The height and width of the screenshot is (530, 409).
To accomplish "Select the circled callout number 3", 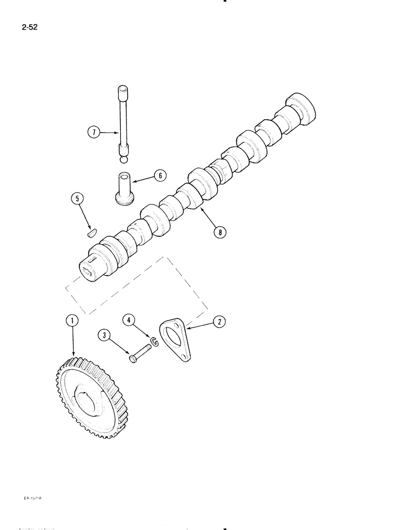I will coord(104,335).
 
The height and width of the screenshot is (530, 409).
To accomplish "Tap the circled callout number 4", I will coord(128,320).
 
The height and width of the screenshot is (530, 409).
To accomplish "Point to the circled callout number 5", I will coord(77,199).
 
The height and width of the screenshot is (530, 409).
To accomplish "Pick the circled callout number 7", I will coord(93,132).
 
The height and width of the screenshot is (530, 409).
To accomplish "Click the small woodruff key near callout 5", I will coord(92,231).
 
